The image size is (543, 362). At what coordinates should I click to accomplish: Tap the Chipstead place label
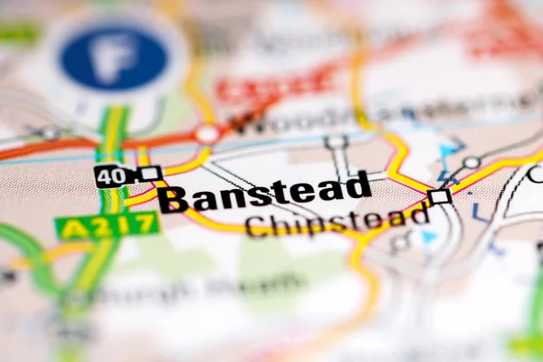[337, 220]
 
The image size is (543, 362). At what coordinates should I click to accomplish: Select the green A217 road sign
[107, 225]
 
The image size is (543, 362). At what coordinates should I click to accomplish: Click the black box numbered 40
[113, 176]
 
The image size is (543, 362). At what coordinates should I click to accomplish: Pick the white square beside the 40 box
[150, 173]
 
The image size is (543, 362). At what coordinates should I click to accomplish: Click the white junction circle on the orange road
[207, 134]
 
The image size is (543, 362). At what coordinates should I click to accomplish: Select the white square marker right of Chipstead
[439, 195]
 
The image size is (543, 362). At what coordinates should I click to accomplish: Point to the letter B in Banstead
[173, 200]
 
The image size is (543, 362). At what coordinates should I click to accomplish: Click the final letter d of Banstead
[360, 185]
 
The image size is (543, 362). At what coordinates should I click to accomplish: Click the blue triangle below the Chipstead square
[429, 237]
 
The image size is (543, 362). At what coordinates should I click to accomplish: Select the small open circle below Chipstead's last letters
[400, 242]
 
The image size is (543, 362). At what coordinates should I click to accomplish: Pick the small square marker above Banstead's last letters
[337, 142]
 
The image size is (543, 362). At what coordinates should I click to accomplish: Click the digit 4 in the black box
[106, 176]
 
